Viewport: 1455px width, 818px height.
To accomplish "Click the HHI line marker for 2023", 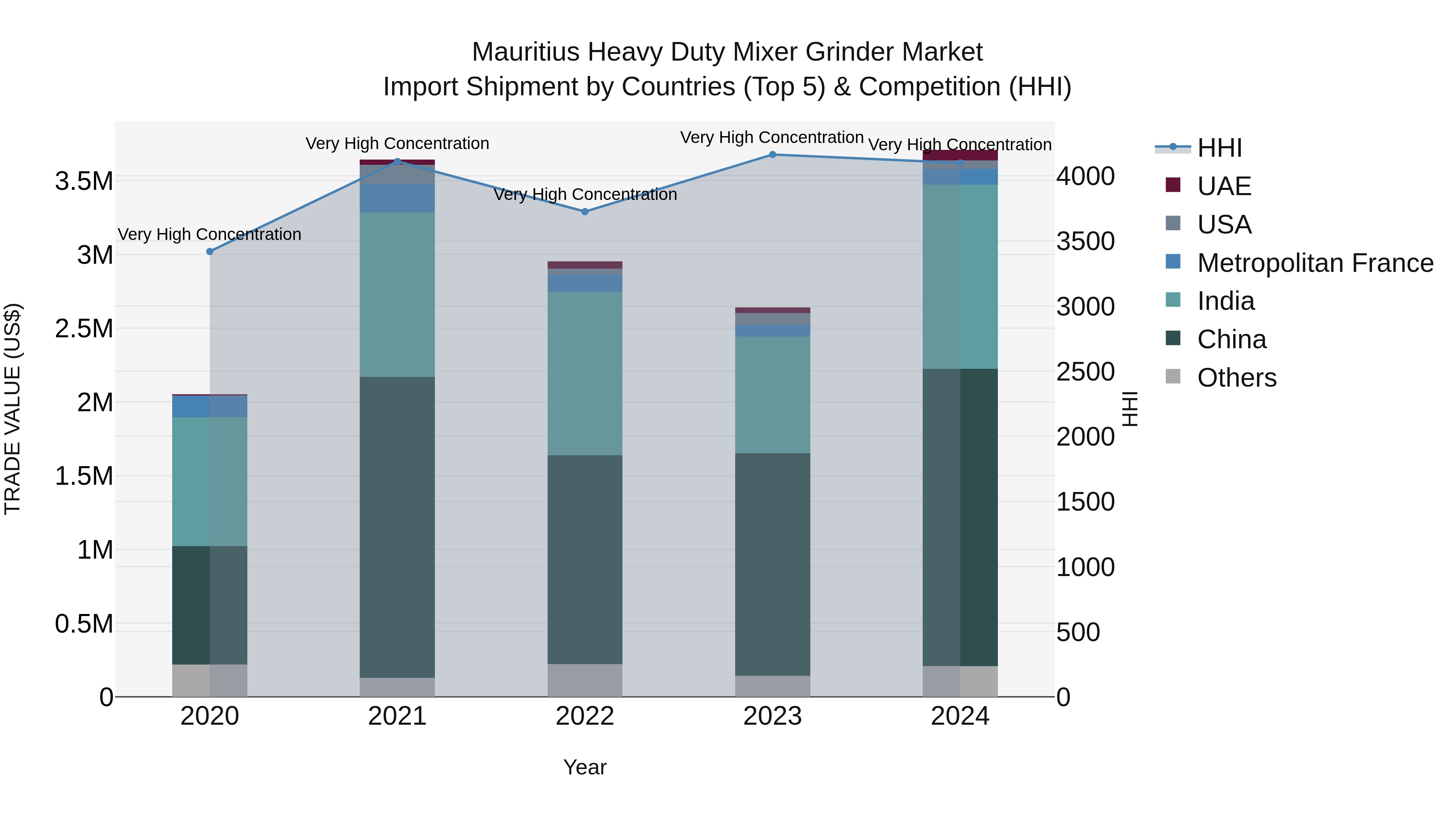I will (772, 155).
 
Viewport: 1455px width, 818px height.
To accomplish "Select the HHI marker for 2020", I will (209, 252).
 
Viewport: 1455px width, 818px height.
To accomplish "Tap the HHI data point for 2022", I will (584, 212).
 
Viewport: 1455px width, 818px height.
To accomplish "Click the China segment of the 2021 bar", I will (397, 527).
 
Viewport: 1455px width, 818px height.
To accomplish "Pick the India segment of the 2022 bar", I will (584, 373).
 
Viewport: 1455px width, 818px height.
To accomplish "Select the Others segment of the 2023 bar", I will (772, 686).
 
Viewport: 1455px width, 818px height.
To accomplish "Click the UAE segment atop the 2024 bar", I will (959, 155).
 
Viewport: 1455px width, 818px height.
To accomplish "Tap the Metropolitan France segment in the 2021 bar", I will (397, 198).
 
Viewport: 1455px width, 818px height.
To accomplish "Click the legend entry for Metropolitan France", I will (1314, 263).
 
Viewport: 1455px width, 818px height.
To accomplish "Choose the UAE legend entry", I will (1223, 186).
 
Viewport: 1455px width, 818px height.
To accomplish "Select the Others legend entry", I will (1236, 378).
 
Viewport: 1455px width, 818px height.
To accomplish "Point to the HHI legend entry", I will (1219, 148).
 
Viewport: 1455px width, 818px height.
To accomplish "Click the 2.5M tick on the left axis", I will (84, 328).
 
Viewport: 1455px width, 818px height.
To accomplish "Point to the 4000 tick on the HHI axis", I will (1085, 176).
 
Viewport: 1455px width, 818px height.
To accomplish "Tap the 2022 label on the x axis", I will (584, 716).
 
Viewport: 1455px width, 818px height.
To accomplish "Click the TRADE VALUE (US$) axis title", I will (13, 409).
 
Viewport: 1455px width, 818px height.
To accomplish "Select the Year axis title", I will (584, 767).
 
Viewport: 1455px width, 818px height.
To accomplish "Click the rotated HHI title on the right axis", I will (1130, 409).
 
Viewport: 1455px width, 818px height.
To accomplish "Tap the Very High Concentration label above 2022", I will (584, 195).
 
